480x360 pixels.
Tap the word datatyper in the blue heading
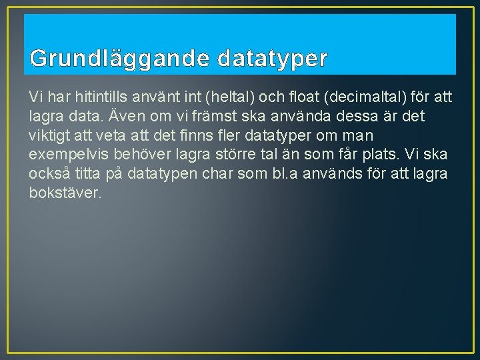tap(272, 59)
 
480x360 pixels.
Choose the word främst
tap(197, 117)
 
